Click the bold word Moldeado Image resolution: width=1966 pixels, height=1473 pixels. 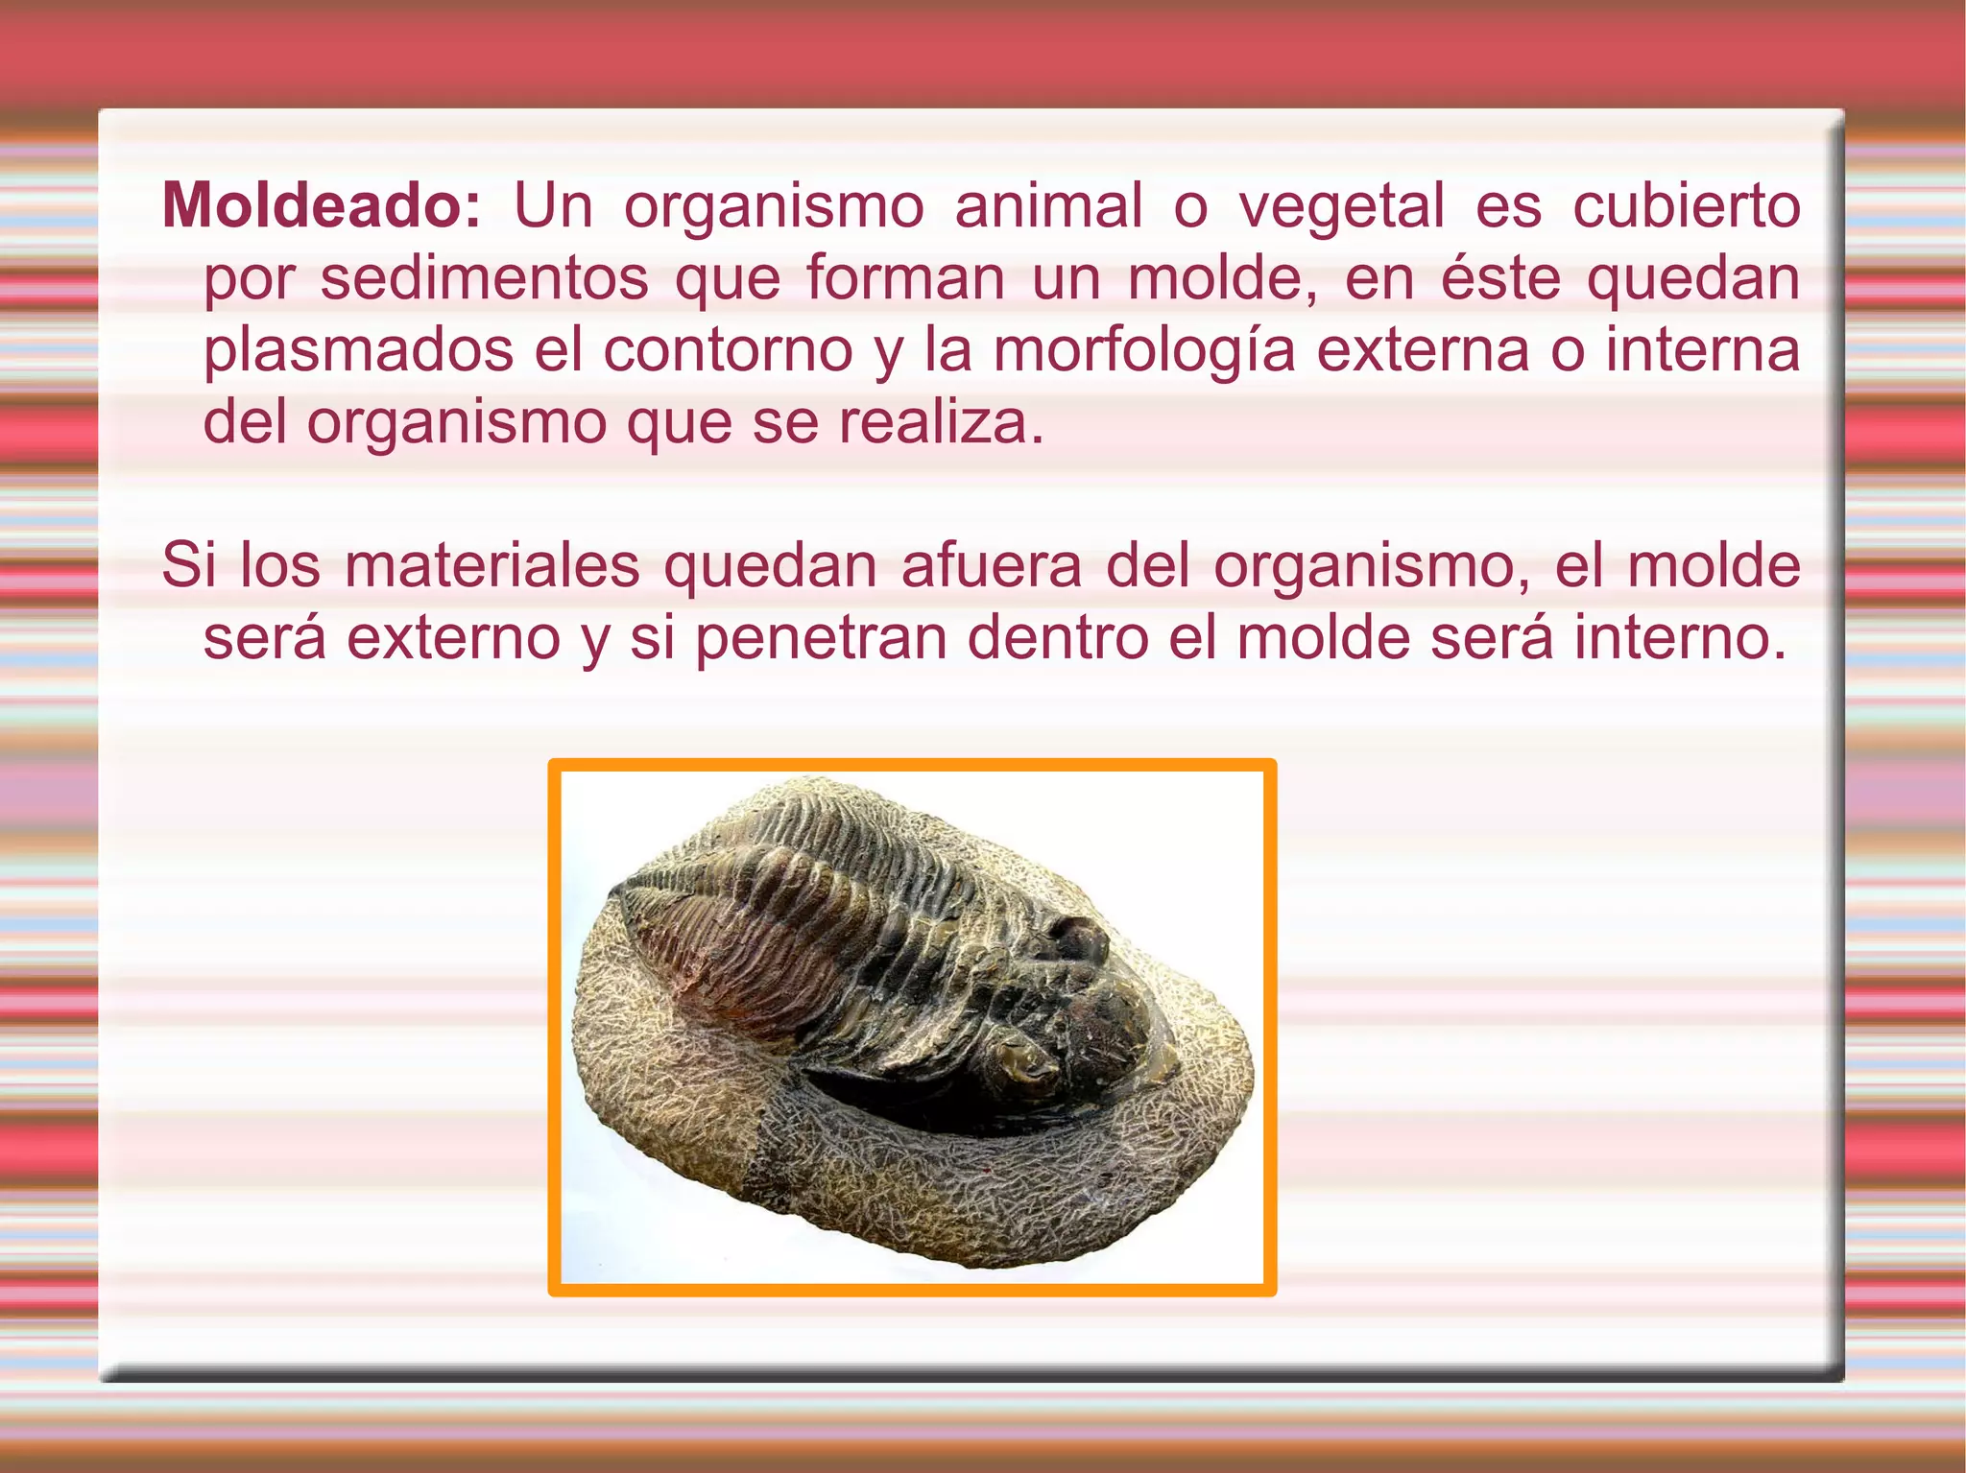[321, 205]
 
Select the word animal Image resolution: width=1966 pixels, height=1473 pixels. [1048, 205]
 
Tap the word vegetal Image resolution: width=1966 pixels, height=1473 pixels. [1341, 205]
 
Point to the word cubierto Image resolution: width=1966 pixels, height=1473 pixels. [1686, 205]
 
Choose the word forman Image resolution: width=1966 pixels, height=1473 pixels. [905, 277]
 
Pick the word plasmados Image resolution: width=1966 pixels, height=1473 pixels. [358, 349]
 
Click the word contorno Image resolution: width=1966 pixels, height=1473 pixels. [728, 349]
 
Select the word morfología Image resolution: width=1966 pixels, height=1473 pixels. [1143, 351]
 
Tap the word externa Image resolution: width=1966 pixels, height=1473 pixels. [1423, 349]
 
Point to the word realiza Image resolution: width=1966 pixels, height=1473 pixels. [941, 421]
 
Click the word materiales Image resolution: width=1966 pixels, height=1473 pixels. [491, 565]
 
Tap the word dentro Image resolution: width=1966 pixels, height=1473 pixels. [1057, 637]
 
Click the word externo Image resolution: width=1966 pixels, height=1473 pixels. [453, 637]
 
